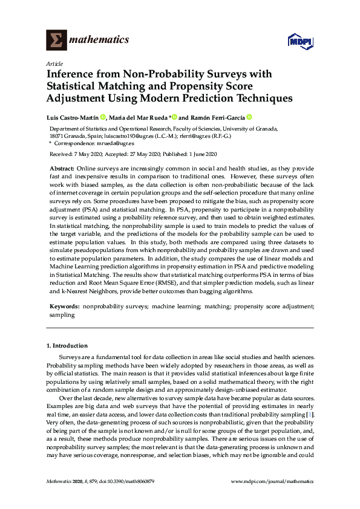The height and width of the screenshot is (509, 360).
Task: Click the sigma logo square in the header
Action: (x=55, y=40)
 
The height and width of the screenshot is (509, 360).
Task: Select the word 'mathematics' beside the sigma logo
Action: (x=99, y=40)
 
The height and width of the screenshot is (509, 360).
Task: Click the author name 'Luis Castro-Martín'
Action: (x=73, y=117)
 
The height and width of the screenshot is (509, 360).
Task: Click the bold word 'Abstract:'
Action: (x=62, y=167)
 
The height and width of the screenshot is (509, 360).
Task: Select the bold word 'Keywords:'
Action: (x=64, y=306)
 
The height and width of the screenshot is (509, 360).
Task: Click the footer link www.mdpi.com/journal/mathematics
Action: (x=273, y=481)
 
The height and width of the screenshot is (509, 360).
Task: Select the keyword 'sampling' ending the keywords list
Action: (x=62, y=314)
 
